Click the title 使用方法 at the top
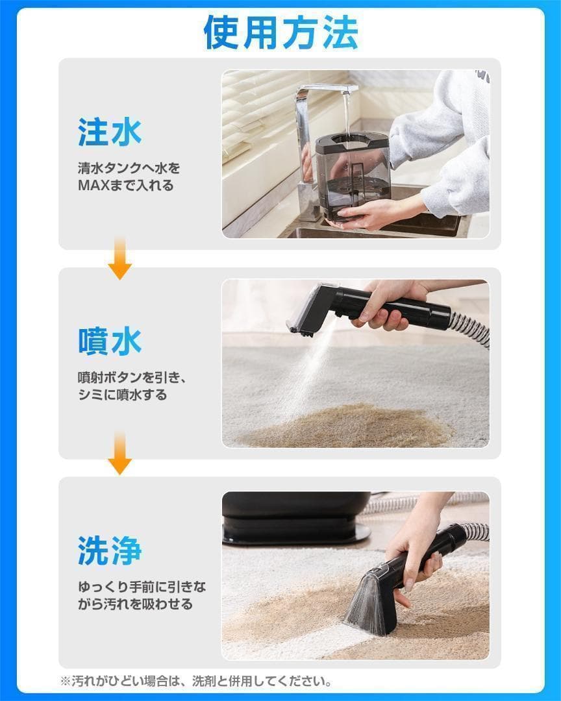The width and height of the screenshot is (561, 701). point(280,32)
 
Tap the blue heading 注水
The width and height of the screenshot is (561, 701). point(110,132)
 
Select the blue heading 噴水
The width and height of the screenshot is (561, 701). point(110,341)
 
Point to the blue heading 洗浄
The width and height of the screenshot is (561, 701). point(110,551)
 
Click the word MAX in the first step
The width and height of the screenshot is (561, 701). point(94,186)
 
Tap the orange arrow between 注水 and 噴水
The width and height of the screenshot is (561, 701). point(119,259)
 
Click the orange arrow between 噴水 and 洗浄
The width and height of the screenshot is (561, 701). point(119,453)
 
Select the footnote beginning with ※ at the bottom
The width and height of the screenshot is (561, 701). point(196,682)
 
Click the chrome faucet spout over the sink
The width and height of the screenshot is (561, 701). point(326,89)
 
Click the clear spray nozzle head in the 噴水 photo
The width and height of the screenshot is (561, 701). point(308,308)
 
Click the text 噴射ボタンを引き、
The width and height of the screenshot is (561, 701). point(132,378)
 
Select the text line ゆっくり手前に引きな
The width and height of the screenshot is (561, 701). point(142,587)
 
